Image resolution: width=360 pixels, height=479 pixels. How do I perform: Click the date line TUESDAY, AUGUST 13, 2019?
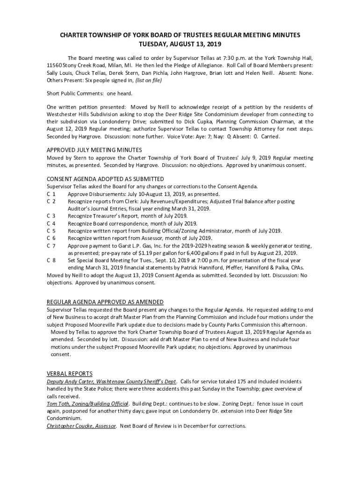coord(180,44)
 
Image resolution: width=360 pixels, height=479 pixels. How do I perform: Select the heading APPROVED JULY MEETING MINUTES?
coord(94,150)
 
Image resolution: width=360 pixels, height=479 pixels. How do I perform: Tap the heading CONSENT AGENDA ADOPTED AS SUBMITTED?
coord(105,179)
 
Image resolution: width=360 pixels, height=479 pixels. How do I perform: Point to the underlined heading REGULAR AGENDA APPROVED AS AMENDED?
coord(105,302)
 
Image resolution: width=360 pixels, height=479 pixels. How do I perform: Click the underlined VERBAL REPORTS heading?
coord(69,374)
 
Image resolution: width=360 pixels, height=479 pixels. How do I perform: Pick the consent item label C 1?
coord(51,194)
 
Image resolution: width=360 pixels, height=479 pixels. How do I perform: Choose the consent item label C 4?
coord(51,223)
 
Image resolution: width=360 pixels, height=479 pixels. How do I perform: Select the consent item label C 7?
coord(51,246)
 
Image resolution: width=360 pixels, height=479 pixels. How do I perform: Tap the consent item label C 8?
coord(51,260)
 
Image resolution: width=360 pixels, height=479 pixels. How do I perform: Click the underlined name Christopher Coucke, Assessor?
coord(81,426)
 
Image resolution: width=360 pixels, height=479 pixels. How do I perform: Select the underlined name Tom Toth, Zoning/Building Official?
coord(87,404)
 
